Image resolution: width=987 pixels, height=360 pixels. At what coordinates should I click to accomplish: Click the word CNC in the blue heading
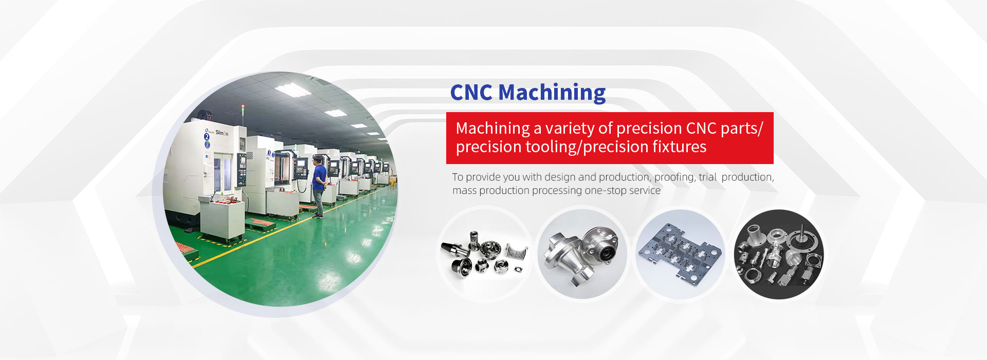pos(471,93)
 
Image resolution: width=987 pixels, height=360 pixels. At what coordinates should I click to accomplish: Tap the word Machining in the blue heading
pos(552,93)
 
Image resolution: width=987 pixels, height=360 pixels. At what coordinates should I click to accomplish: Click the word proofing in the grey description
pos(674,177)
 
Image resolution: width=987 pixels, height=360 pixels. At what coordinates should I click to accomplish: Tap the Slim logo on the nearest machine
pos(222,133)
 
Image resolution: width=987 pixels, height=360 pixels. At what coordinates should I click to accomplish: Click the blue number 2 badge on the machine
pos(207,136)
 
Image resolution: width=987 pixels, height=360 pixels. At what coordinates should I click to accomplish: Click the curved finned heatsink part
pos(517,253)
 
